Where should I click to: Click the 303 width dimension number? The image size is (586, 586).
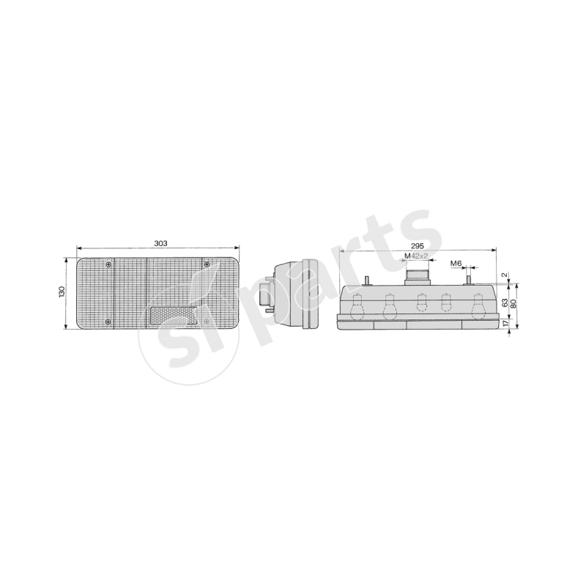[160, 243]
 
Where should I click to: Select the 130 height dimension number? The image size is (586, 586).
[62, 292]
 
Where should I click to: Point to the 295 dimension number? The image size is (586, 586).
[418, 246]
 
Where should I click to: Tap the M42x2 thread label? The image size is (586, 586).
[416, 256]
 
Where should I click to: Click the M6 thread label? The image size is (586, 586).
[456, 264]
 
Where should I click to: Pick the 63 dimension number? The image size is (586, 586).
[505, 303]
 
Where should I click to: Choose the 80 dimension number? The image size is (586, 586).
[513, 304]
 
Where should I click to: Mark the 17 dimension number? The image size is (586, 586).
[505, 323]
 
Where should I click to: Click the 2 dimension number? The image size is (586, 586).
[505, 275]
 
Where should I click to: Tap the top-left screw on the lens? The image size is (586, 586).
[108, 265]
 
